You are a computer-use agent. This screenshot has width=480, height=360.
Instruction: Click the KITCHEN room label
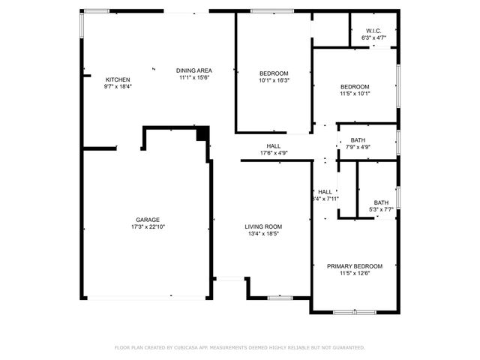[x=118, y=79]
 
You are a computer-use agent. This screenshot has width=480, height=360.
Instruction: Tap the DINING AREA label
[x=194, y=70]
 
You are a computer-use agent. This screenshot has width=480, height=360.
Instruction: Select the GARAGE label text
[x=148, y=220]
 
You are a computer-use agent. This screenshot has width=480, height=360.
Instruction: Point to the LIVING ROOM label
[x=263, y=226]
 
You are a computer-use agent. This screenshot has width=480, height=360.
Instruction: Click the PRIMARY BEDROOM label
[x=355, y=266]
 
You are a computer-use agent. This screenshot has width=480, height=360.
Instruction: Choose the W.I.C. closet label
[x=373, y=31]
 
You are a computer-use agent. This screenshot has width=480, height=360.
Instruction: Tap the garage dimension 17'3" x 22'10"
[x=148, y=226]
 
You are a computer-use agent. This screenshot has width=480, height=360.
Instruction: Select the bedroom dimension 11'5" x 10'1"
[x=355, y=94]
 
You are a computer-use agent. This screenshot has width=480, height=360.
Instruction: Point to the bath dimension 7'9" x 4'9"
[x=358, y=147]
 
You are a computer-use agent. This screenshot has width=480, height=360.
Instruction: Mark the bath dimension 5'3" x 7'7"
[x=382, y=209]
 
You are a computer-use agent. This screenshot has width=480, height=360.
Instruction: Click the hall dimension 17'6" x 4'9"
[x=274, y=153]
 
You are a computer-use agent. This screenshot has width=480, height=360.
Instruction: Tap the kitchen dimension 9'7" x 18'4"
[x=118, y=86]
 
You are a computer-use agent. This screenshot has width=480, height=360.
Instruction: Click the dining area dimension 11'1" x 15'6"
[x=194, y=77]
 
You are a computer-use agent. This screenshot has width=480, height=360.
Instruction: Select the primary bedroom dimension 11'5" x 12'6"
[x=355, y=273]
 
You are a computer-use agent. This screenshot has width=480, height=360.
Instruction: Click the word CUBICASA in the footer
[x=193, y=348]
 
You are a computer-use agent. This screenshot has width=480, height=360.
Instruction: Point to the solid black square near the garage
[x=201, y=135]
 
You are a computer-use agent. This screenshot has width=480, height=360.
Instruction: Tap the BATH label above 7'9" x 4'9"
[x=358, y=140]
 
